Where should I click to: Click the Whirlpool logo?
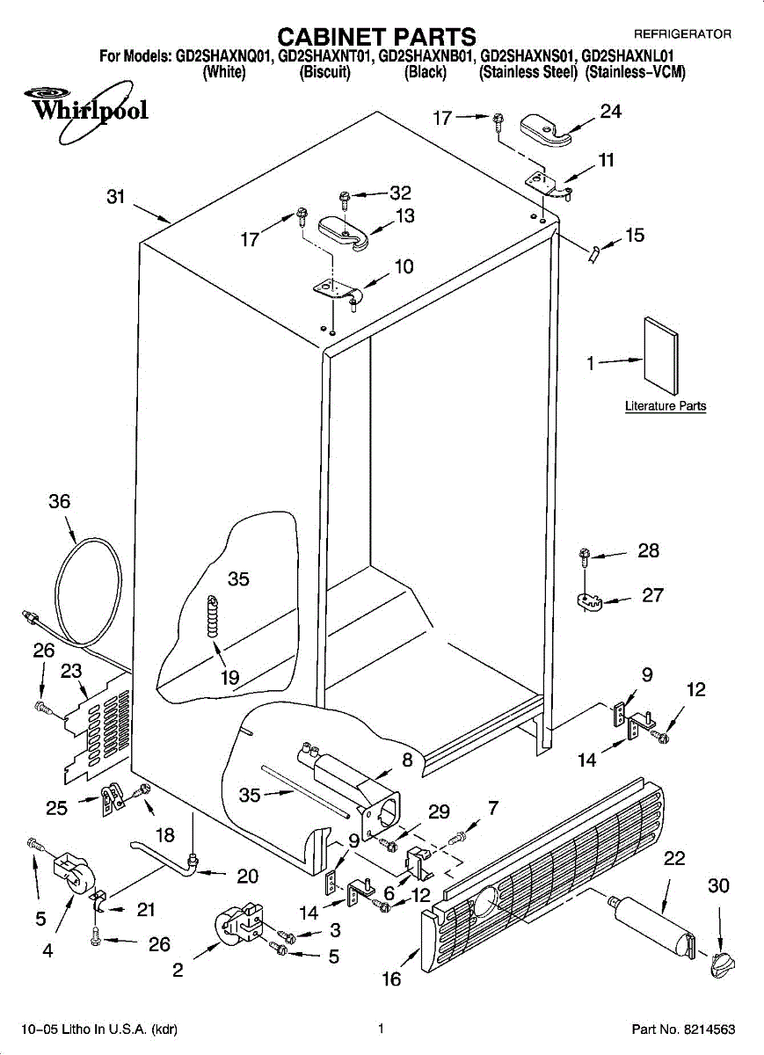87,111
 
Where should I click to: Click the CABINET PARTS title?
376,37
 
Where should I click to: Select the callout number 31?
116,197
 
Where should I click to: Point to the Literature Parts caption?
666,406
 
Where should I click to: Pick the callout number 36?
60,502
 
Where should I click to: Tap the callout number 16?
391,979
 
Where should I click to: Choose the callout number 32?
400,193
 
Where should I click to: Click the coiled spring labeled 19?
214,616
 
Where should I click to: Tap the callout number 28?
649,550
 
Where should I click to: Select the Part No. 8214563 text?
683,1030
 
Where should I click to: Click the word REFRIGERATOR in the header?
683,34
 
